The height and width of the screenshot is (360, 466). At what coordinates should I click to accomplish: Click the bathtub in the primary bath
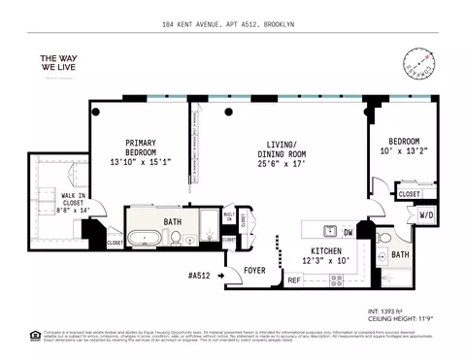[150, 236]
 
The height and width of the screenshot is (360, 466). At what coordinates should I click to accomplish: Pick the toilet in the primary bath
[191, 239]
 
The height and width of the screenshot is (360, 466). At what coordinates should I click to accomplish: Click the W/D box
[425, 214]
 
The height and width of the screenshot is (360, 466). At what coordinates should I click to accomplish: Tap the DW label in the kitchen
[348, 233]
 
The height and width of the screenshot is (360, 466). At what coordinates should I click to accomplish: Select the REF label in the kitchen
[293, 280]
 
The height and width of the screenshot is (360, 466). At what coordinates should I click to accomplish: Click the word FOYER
[254, 270]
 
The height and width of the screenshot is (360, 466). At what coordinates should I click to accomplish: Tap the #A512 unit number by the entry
[199, 276]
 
